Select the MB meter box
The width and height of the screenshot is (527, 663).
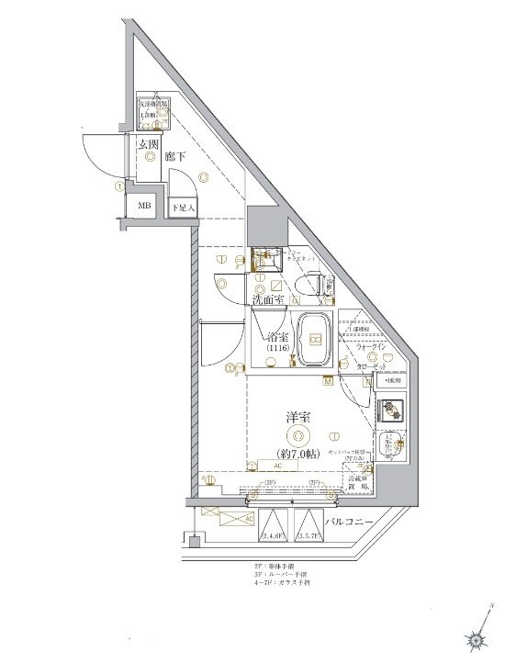pyautogui.click(x=143, y=207)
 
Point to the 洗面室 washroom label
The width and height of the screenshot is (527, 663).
pyautogui.click(x=267, y=300)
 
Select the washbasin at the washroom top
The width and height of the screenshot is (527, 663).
pyautogui.click(x=266, y=259)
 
